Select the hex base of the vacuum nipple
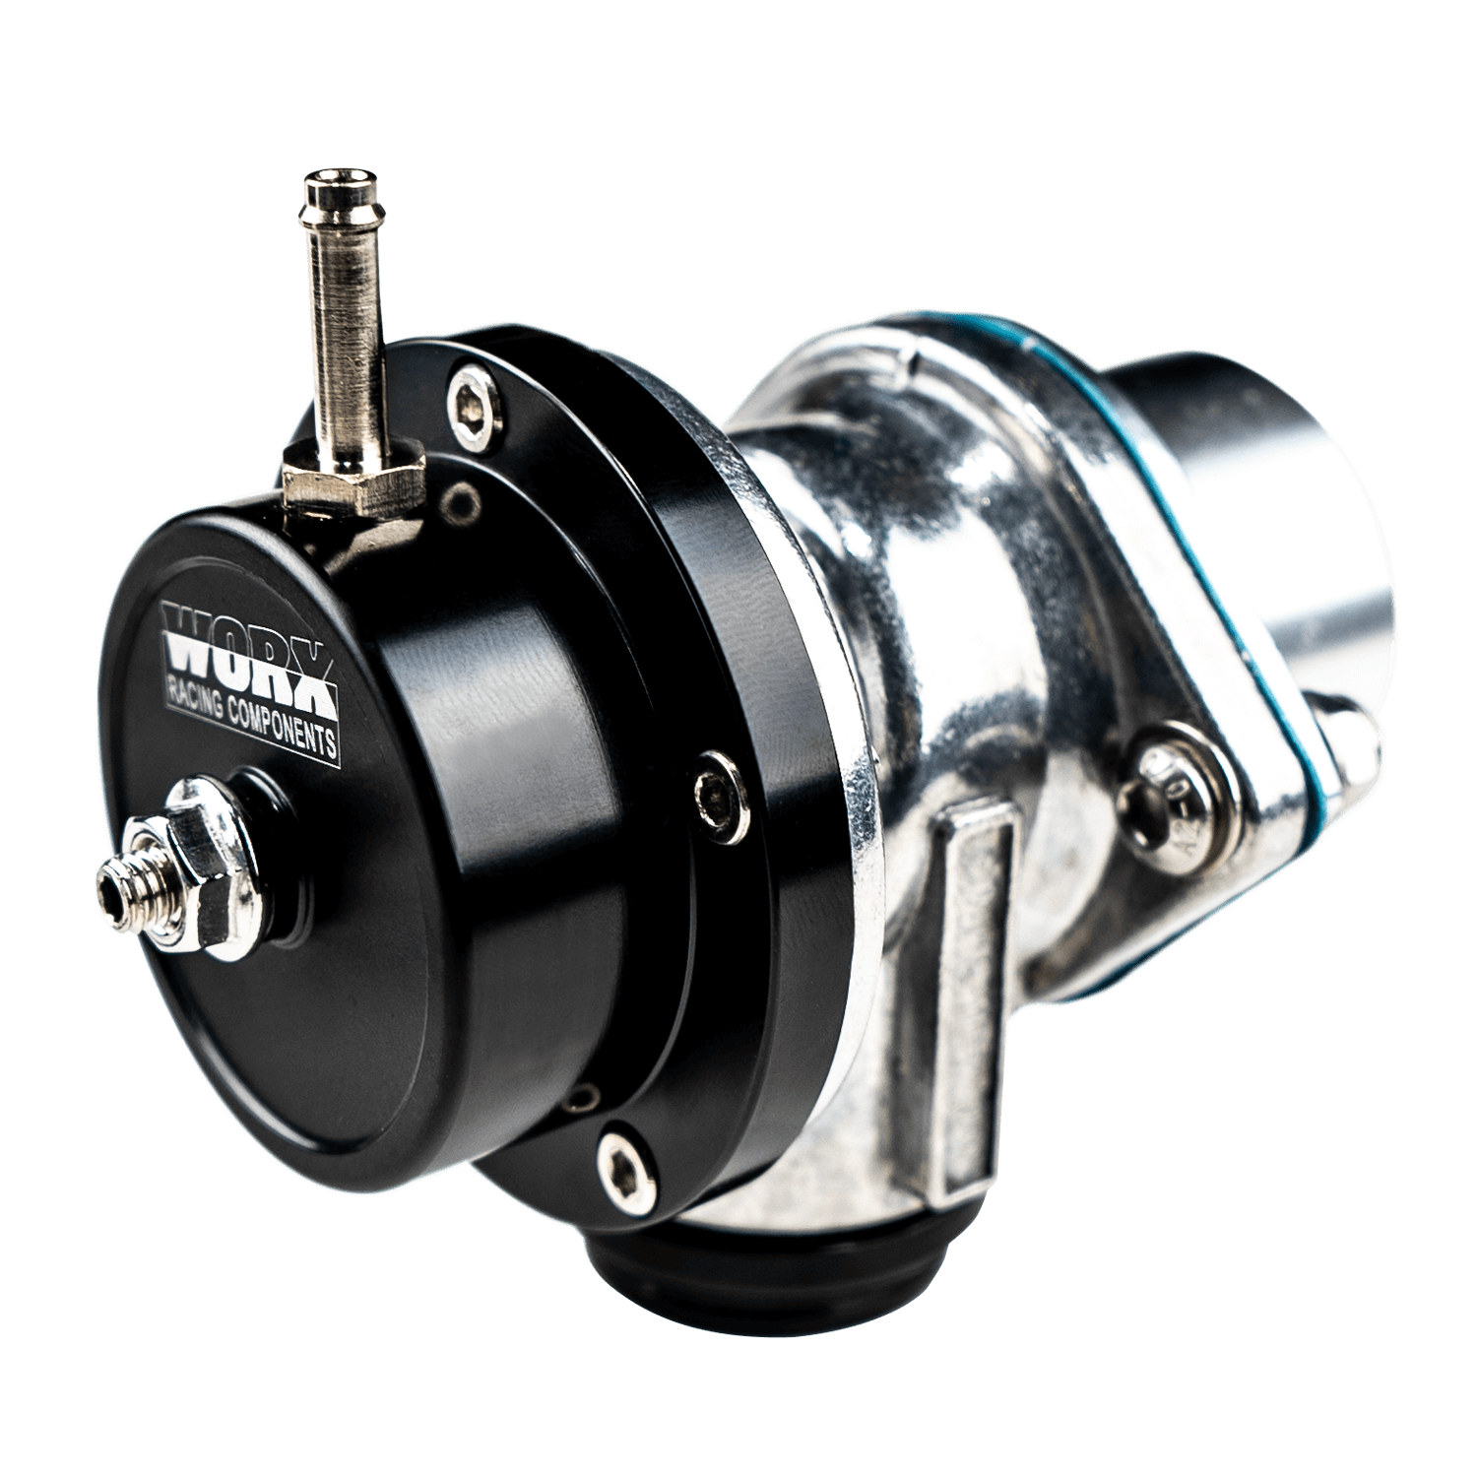point(353,473)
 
